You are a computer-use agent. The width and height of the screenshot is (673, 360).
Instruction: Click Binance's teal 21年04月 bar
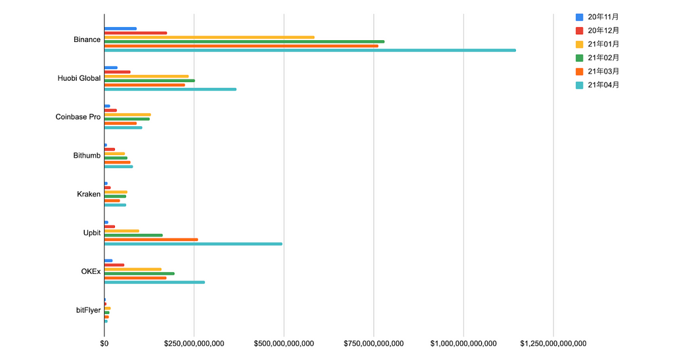tap(310, 50)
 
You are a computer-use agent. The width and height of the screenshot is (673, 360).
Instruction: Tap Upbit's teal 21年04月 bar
tap(193, 244)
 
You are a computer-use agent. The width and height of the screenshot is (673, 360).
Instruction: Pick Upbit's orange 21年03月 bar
tap(151, 239)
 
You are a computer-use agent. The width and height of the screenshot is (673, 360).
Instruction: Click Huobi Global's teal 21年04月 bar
tap(170, 89)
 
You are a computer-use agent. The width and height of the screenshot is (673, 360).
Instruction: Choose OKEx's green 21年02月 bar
tap(139, 273)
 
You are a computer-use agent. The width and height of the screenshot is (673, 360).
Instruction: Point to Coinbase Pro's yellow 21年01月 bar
tap(128, 114)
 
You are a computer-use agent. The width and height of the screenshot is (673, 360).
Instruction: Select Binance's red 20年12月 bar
tap(135, 33)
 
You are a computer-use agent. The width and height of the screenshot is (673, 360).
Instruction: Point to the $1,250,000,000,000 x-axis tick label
tap(553, 344)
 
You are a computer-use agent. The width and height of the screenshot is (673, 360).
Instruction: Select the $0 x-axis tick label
tap(104, 344)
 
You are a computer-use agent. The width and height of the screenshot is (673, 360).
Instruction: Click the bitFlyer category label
tap(88, 309)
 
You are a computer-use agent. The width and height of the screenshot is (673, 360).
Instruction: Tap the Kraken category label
tap(89, 194)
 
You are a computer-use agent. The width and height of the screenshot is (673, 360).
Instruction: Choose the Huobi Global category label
tap(80, 78)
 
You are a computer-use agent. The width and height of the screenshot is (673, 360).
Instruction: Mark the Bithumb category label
tap(87, 156)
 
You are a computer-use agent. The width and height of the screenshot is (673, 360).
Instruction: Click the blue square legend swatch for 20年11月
tap(579, 16)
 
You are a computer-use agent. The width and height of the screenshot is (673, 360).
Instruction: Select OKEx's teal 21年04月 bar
tap(154, 282)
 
